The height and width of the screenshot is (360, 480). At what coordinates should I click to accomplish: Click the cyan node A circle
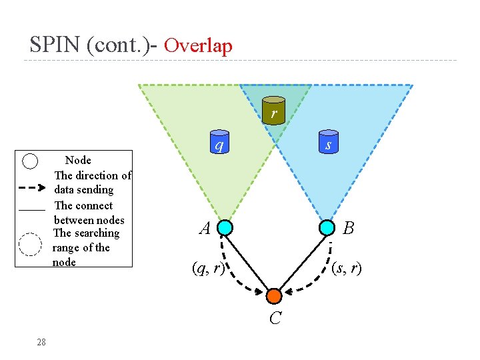[x=225, y=227]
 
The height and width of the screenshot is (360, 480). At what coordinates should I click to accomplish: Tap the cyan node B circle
[x=327, y=227]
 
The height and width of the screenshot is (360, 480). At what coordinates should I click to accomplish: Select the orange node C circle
[x=275, y=295]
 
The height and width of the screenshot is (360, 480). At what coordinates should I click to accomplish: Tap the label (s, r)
[x=347, y=268]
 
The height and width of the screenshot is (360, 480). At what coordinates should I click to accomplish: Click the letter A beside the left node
[x=205, y=229]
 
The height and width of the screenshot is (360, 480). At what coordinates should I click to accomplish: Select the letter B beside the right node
[x=348, y=229]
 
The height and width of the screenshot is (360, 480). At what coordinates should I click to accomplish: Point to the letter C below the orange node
[x=275, y=319]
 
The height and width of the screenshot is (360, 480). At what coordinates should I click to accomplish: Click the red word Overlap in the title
[x=198, y=45]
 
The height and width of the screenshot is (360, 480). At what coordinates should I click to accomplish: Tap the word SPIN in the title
[x=55, y=45]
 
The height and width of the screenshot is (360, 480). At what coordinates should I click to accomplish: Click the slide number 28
[x=41, y=342]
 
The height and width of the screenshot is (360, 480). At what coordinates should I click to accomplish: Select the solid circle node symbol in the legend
[x=30, y=161]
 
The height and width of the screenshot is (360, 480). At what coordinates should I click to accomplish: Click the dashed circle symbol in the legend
[x=30, y=245]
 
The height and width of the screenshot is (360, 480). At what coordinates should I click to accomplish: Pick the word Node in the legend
[x=78, y=160]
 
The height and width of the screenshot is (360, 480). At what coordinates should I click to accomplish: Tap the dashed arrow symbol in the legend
[x=33, y=182]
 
